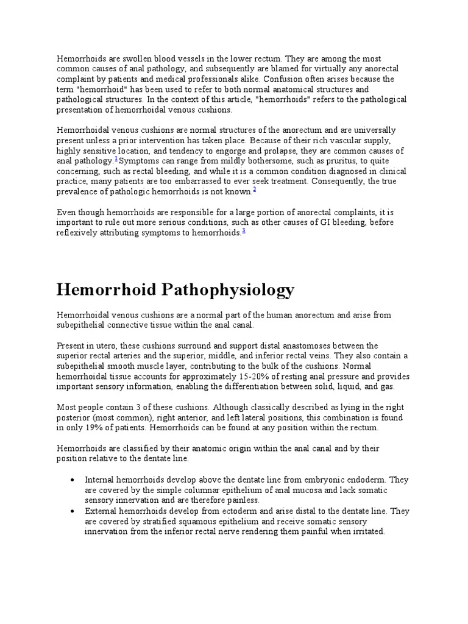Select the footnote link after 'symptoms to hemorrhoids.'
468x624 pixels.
(x=244, y=230)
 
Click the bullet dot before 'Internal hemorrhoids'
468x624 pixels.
(x=73, y=480)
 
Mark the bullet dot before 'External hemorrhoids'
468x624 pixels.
(x=73, y=511)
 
